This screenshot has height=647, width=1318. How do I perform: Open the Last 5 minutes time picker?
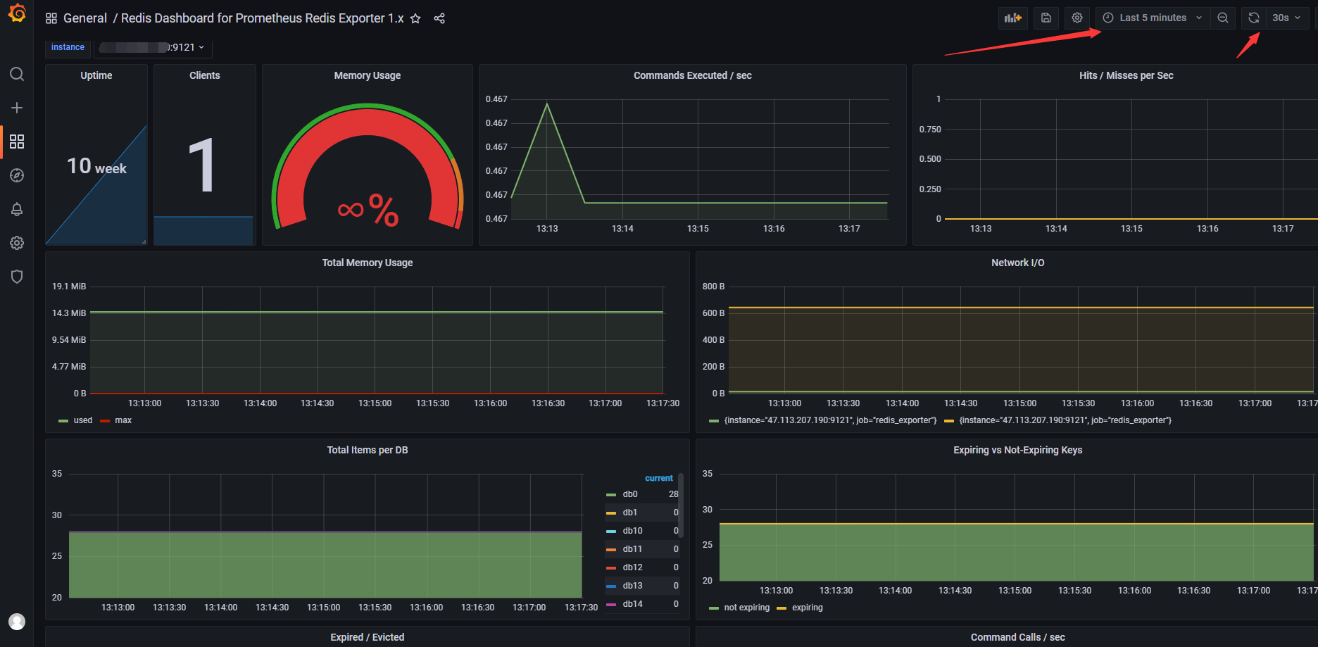1153,18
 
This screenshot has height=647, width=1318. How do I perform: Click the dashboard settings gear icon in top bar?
1077,18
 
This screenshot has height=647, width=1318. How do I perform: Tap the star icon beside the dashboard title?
415,18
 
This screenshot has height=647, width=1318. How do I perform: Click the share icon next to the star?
439,18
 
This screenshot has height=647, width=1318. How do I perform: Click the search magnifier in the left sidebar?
17,74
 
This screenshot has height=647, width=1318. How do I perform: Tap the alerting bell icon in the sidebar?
17,209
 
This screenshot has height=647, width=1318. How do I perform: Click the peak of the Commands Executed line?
547,104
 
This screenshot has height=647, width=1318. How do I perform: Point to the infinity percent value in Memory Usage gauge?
368,209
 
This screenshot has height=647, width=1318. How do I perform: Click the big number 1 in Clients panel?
203,166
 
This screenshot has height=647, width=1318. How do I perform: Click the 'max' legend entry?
123,420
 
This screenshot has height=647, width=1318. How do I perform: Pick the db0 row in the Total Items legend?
630,494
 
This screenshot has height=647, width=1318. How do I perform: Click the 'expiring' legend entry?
807,608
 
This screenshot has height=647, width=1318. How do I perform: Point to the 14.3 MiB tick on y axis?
69,313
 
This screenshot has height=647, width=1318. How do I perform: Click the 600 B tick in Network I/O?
713,313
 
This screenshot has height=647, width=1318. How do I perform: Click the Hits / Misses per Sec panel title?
1125,75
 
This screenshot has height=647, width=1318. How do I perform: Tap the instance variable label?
68,47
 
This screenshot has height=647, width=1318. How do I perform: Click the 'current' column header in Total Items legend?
658,478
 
